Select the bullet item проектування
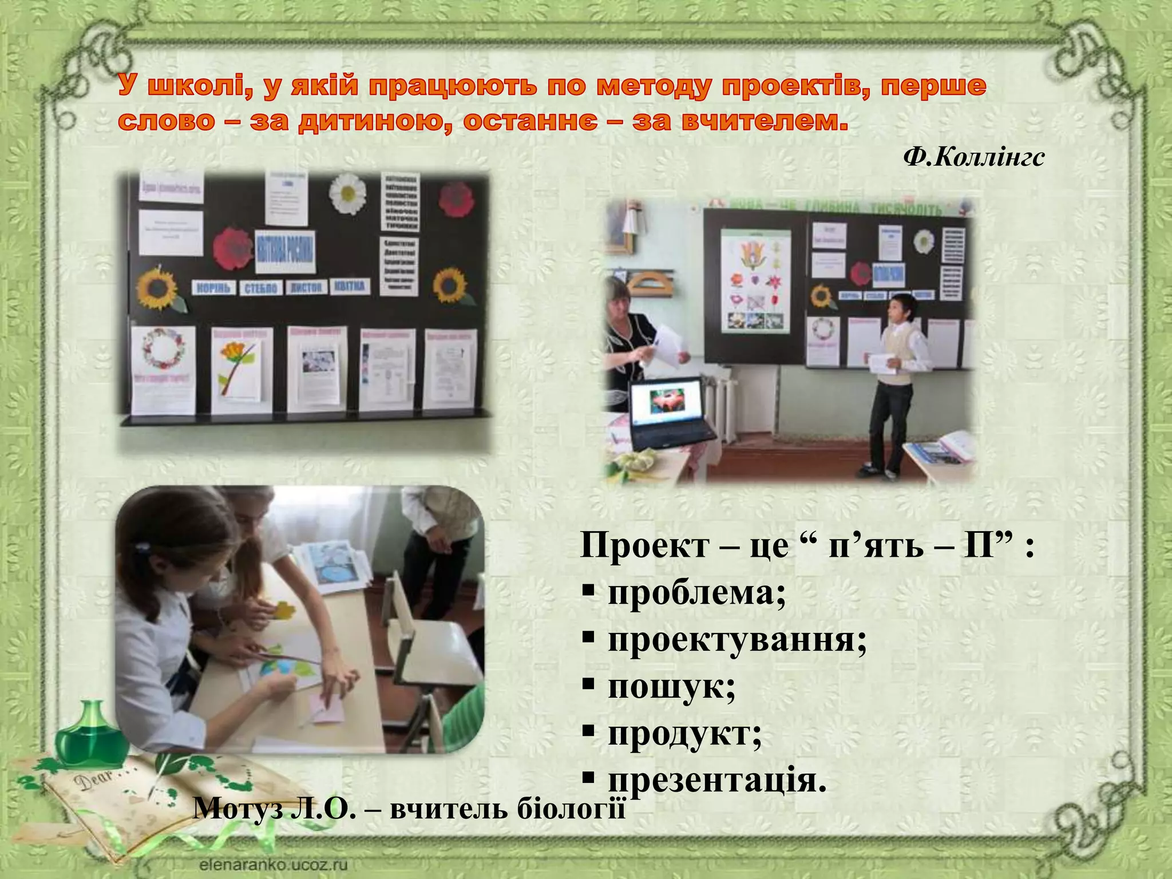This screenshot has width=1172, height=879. click(x=737, y=640)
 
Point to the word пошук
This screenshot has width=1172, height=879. click(x=671, y=686)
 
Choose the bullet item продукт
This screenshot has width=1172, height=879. click(x=684, y=733)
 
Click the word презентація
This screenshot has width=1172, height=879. click(x=716, y=780)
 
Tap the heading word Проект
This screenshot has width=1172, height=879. click(x=644, y=546)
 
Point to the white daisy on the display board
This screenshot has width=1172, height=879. click(x=348, y=193)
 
